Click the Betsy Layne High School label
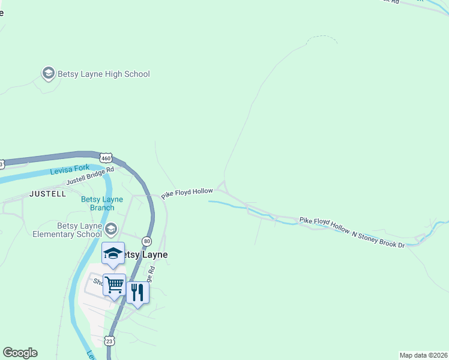click(103, 74)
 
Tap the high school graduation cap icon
click(48, 74)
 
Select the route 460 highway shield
click(106, 158)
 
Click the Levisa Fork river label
click(70, 170)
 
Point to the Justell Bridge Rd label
click(90, 175)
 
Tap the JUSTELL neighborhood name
click(47, 194)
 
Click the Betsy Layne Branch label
click(102, 203)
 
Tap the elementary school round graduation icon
click(111, 229)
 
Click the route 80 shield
click(147, 241)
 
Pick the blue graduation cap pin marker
click(113, 253)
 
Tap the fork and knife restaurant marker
click(137, 293)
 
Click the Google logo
click(20, 353)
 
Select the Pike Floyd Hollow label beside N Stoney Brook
click(324, 225)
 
